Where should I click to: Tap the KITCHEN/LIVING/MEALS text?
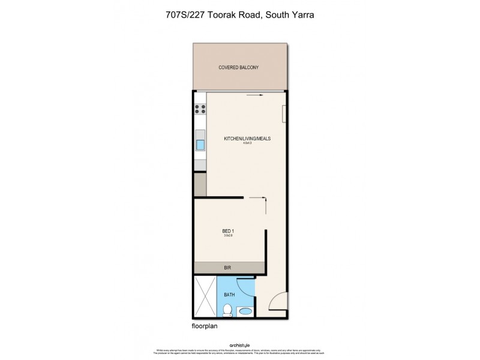click(x=247, y=138)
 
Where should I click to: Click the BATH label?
click(x=229, y=295)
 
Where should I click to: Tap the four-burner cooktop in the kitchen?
click(x=200, y=109)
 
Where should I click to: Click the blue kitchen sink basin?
click(x=200, y=145)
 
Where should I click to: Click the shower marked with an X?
click(x=204, y=298)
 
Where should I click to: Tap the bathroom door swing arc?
click(x=246, y=289)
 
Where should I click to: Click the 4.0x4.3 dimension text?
click(x=247, y=143)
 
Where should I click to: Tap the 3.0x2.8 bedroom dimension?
click(x=229, y=235)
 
